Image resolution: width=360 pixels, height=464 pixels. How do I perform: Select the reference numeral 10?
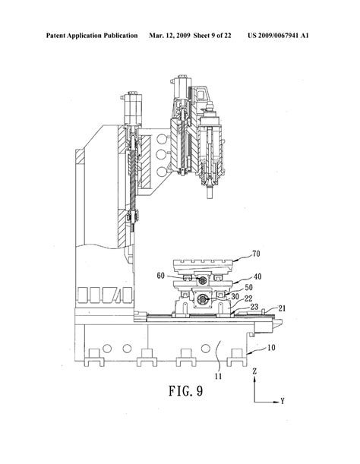click(270, 347)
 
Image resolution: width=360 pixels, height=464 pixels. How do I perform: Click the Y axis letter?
click(282, 399)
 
